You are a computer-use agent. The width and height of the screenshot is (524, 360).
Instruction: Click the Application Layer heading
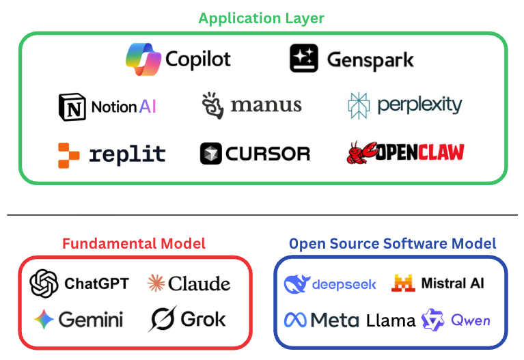click(262, 18)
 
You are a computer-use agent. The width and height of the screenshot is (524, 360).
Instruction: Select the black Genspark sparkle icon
click(304, 58)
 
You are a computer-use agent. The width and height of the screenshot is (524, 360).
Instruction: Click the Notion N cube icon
click(72, 107)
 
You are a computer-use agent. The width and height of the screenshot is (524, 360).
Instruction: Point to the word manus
click(266, 105)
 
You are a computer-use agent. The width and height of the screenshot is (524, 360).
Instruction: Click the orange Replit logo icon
click(69, 154)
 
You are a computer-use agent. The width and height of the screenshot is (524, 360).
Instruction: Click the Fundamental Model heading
click(134, 243)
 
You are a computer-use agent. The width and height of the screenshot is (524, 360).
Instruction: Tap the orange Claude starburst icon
click(156, 283)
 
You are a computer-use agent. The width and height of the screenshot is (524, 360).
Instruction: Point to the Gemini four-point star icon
click(44, 319)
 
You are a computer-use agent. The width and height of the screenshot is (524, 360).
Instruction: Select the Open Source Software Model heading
click(392, 243)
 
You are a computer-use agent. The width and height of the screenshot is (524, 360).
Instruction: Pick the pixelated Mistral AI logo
click(403, 283)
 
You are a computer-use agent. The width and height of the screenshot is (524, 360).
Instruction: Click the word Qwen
click(470, 320)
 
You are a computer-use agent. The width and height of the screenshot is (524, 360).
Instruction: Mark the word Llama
click(390, 320)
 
